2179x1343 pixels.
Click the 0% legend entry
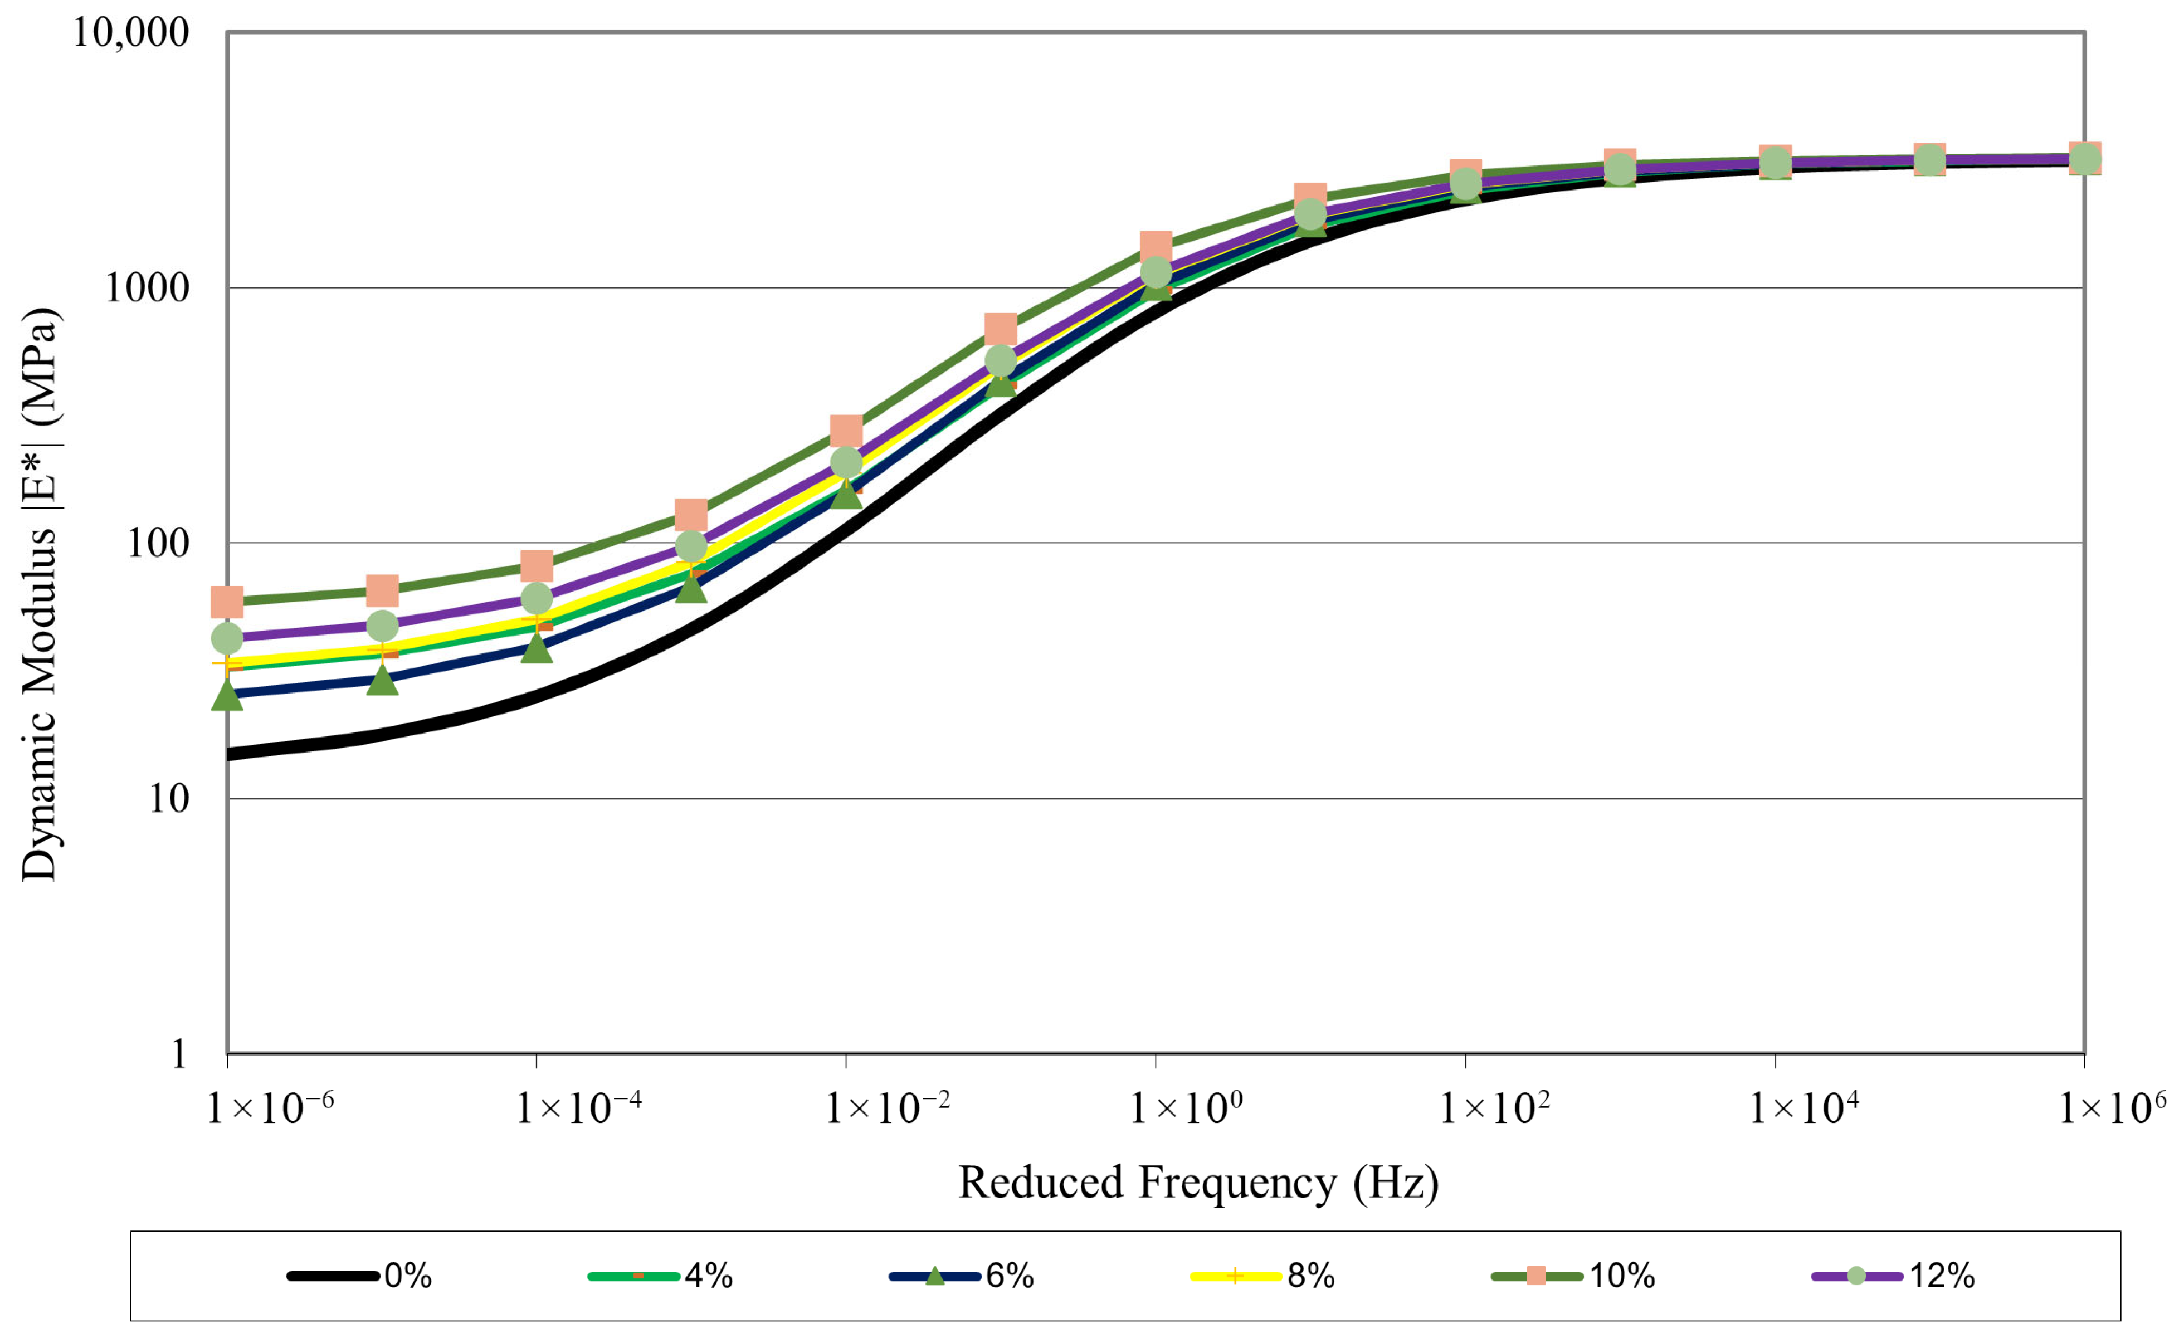point(360,1276)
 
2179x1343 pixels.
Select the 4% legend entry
point(661,1276)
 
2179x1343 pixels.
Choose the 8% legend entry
point(1263,1276)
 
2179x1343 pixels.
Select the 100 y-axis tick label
point(158,543)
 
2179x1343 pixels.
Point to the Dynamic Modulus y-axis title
point(39,594)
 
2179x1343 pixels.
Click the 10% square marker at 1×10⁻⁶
point(227,602)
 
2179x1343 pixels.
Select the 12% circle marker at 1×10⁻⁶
point(227,638)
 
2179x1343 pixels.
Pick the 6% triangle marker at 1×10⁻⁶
point(227,695)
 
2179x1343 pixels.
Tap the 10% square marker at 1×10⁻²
point(846,431)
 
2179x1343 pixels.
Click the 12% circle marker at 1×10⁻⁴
point(537,598)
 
